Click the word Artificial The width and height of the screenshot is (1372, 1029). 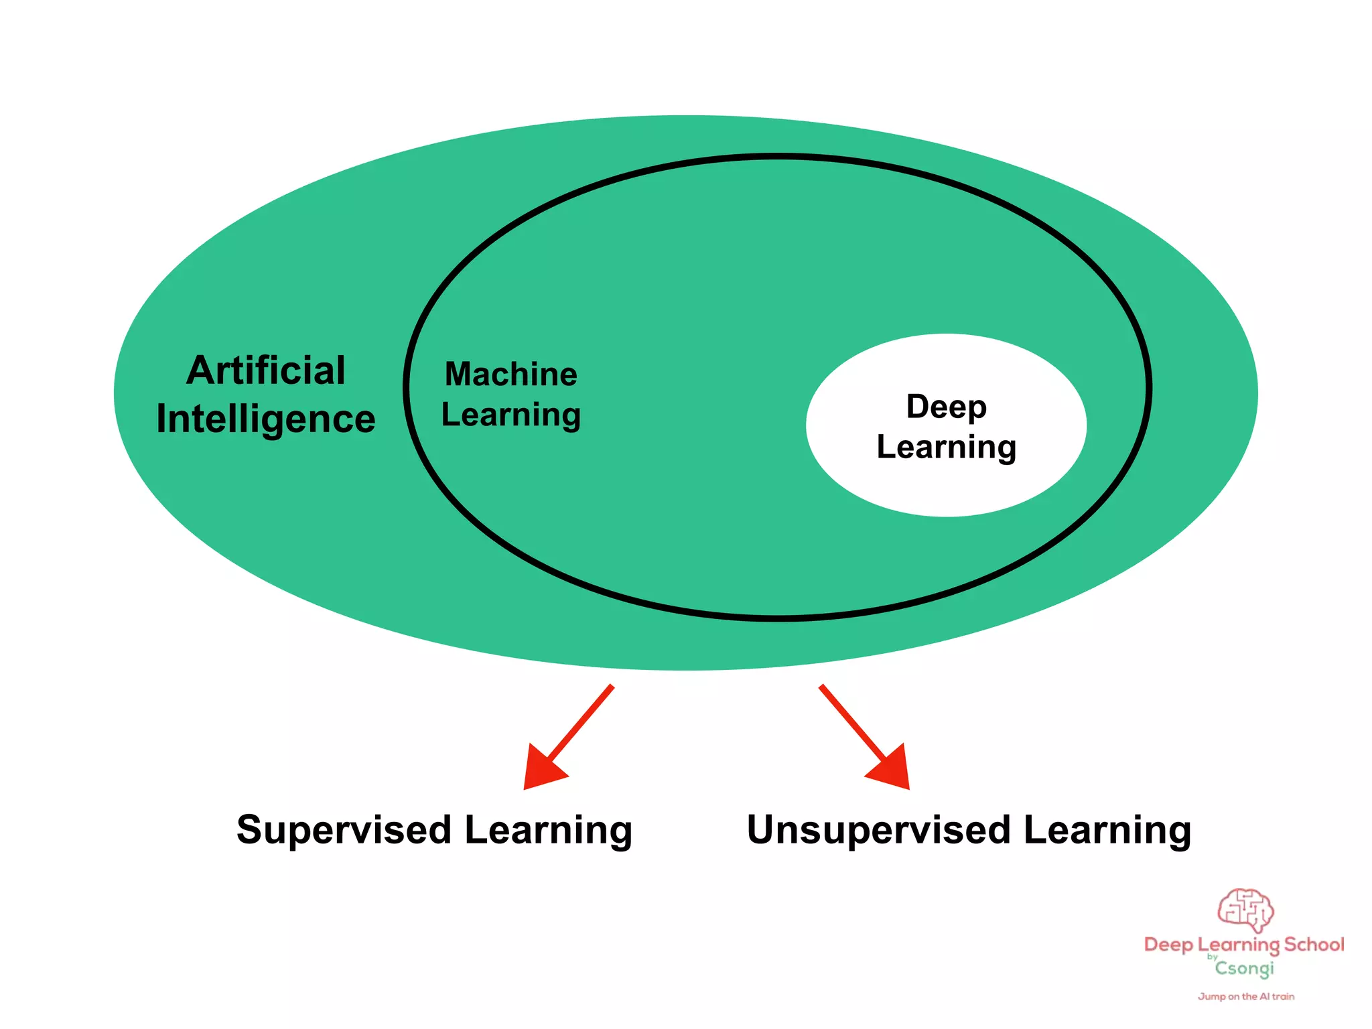pos(266,370)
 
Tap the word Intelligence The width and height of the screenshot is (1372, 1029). pos(266,420)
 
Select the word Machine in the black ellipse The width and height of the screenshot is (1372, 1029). pos(511,374)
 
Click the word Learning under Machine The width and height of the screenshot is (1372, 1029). pos(511,415)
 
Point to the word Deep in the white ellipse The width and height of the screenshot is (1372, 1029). pos(946,407)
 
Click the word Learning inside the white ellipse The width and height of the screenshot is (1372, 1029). pos(946,448)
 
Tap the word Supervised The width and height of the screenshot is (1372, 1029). pos(344,830)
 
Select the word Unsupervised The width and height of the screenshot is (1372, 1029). pos(878,830)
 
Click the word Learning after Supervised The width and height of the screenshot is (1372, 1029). pos(548,831)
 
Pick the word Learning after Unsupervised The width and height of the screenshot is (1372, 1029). pos(1107,831)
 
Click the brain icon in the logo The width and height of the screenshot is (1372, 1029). pos(1245,910)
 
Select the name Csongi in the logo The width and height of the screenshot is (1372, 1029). pos(1245,969)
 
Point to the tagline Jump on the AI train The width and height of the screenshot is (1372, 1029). pos(1246,997)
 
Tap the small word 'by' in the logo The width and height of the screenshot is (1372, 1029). pos(1213,957)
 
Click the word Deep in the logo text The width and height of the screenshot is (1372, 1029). pos(1168,945)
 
